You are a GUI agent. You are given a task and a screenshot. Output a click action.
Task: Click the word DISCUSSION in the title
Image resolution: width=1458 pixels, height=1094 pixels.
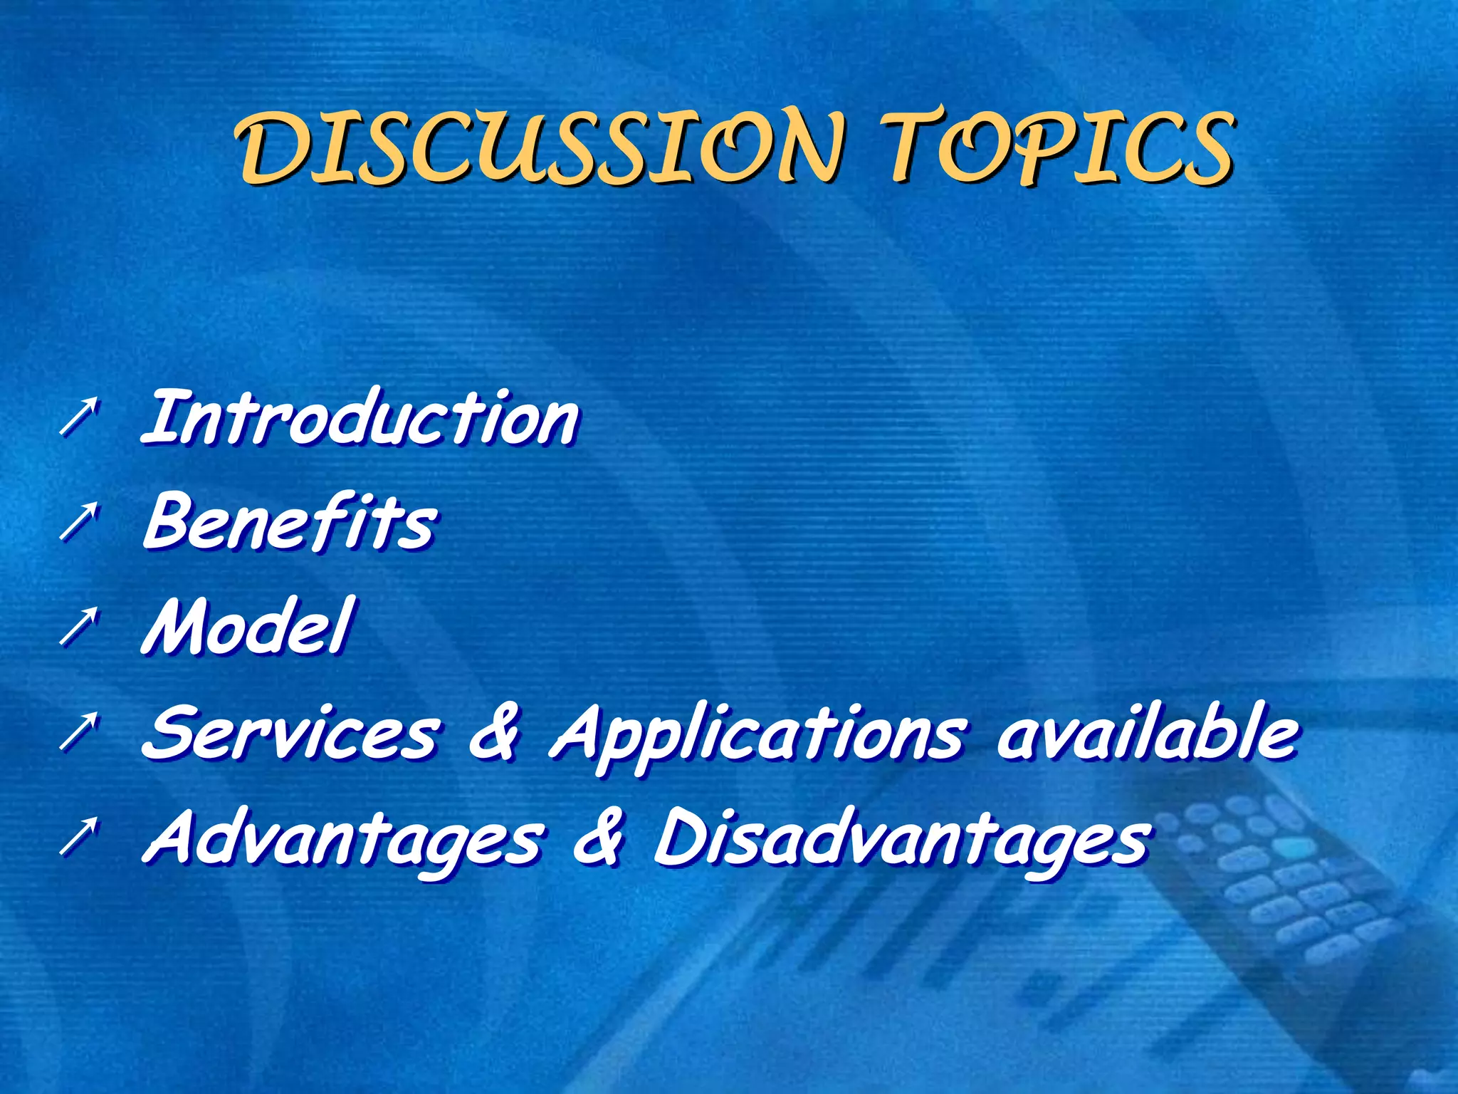[x=541, y=147]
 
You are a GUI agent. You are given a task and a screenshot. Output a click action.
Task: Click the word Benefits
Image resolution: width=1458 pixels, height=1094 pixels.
[x=290, y=523]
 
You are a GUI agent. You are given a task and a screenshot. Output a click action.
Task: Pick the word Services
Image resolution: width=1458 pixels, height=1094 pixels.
[x=290, y=734]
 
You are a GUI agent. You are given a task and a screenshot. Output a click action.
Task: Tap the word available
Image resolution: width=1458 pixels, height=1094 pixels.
[x=1146, y=734]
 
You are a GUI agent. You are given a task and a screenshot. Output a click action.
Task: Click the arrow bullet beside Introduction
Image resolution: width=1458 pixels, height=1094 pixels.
[x=77, y=417]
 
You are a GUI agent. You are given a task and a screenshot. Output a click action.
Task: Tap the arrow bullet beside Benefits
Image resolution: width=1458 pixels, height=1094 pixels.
[x=77, y=521]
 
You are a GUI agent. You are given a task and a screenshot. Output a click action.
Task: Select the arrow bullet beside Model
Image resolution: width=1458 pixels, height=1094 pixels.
[x=77, y=627]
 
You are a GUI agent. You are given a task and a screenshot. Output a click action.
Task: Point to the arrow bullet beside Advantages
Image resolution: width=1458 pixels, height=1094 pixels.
[x=77, y=838]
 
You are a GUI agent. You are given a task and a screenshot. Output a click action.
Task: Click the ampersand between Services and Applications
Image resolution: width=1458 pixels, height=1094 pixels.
[x=493, y=734]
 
